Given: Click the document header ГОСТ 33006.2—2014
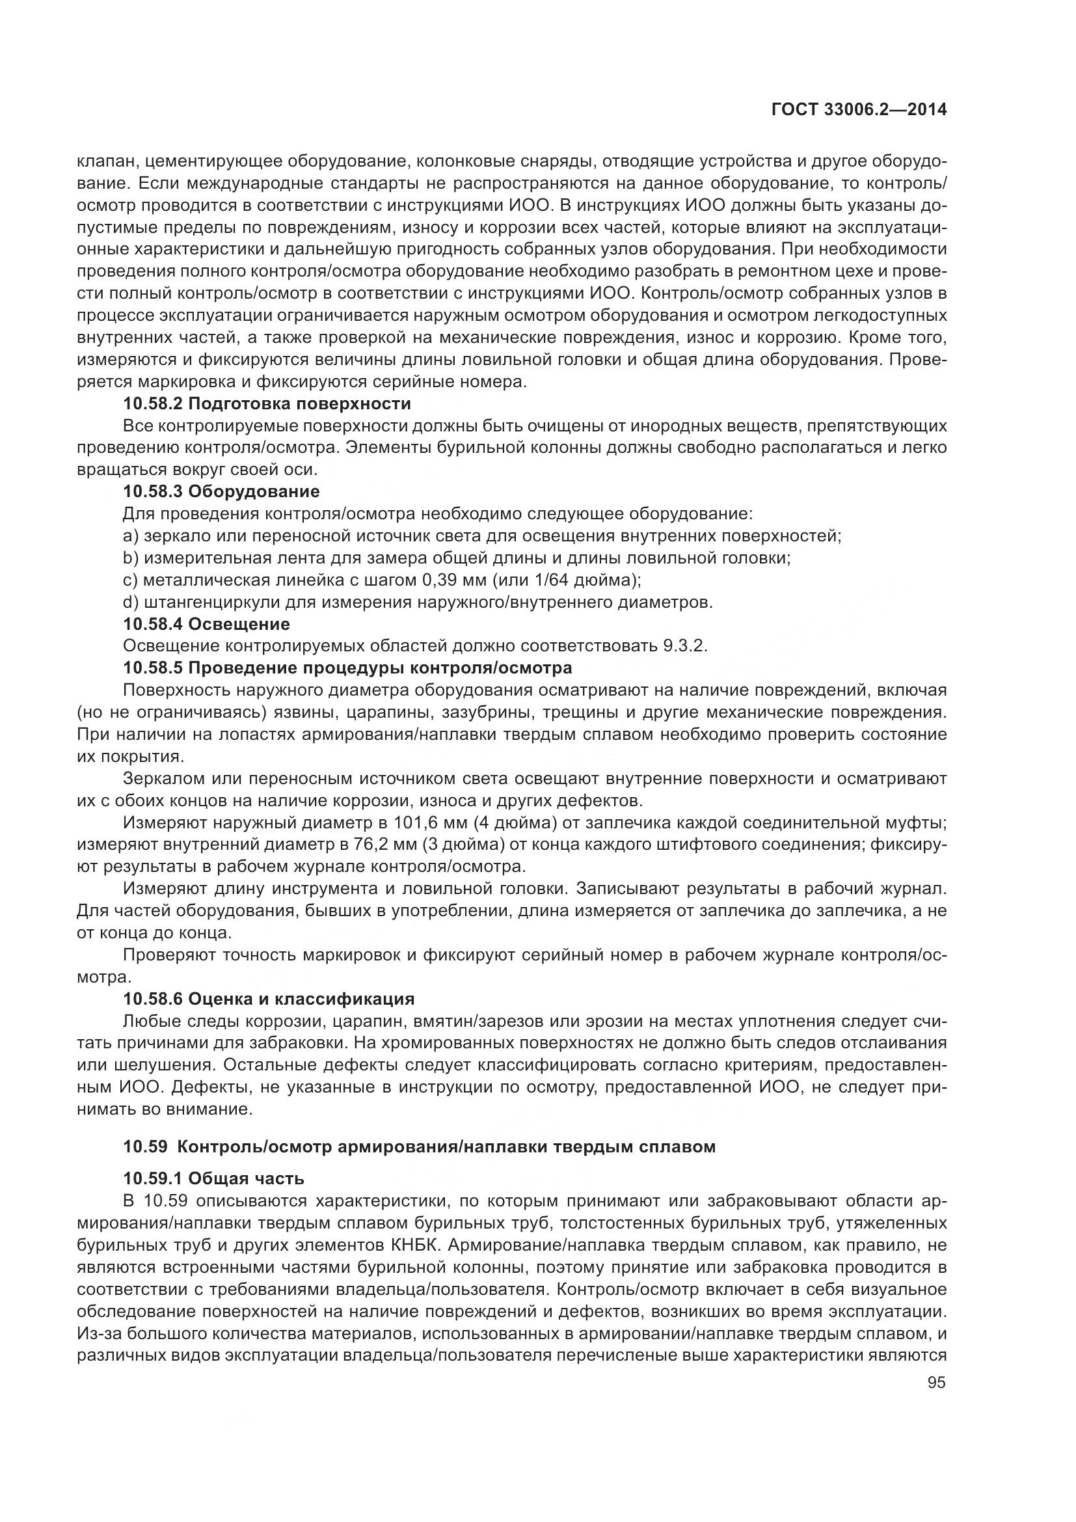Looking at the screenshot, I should tap(859, 110).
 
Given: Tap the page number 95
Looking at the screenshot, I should tap(936, 1383).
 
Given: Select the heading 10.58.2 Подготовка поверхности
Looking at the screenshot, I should tap(267, 403).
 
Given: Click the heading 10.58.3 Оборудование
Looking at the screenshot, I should tap(221, 492).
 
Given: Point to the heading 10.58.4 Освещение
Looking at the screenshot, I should tap(207, 625).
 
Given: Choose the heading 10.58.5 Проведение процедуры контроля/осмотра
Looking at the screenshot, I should tap(348, 668).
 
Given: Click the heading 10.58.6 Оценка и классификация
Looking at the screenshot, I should tap(269, 999).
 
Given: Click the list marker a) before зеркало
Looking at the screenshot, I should tap(131, 536).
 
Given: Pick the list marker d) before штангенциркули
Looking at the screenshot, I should tap(131, 603).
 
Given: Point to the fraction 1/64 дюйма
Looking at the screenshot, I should tap(580, 580).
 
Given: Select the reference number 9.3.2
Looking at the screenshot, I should tap(684, 646).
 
